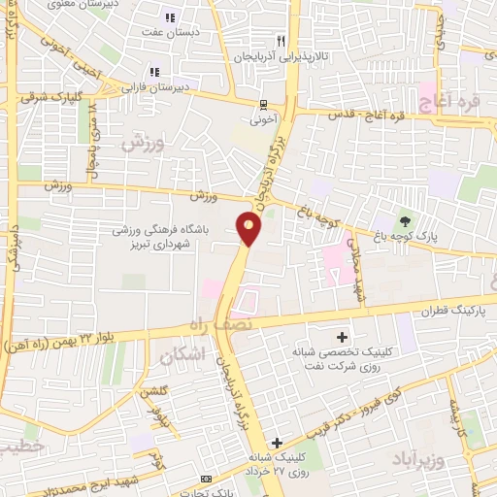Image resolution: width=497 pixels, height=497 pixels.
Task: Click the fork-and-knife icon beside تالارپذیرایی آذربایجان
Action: (x=281, y=41)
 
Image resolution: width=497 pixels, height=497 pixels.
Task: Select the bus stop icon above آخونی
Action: (x=263, y=105)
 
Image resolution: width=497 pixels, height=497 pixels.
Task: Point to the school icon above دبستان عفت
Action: (x=170, y=17)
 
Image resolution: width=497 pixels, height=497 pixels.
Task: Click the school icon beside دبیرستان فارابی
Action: (x=153, y=72)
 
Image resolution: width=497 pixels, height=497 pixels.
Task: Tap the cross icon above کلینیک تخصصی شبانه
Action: (x=342, y=336)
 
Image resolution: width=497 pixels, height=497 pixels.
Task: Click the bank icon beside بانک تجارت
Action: (x=205, y=479)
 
